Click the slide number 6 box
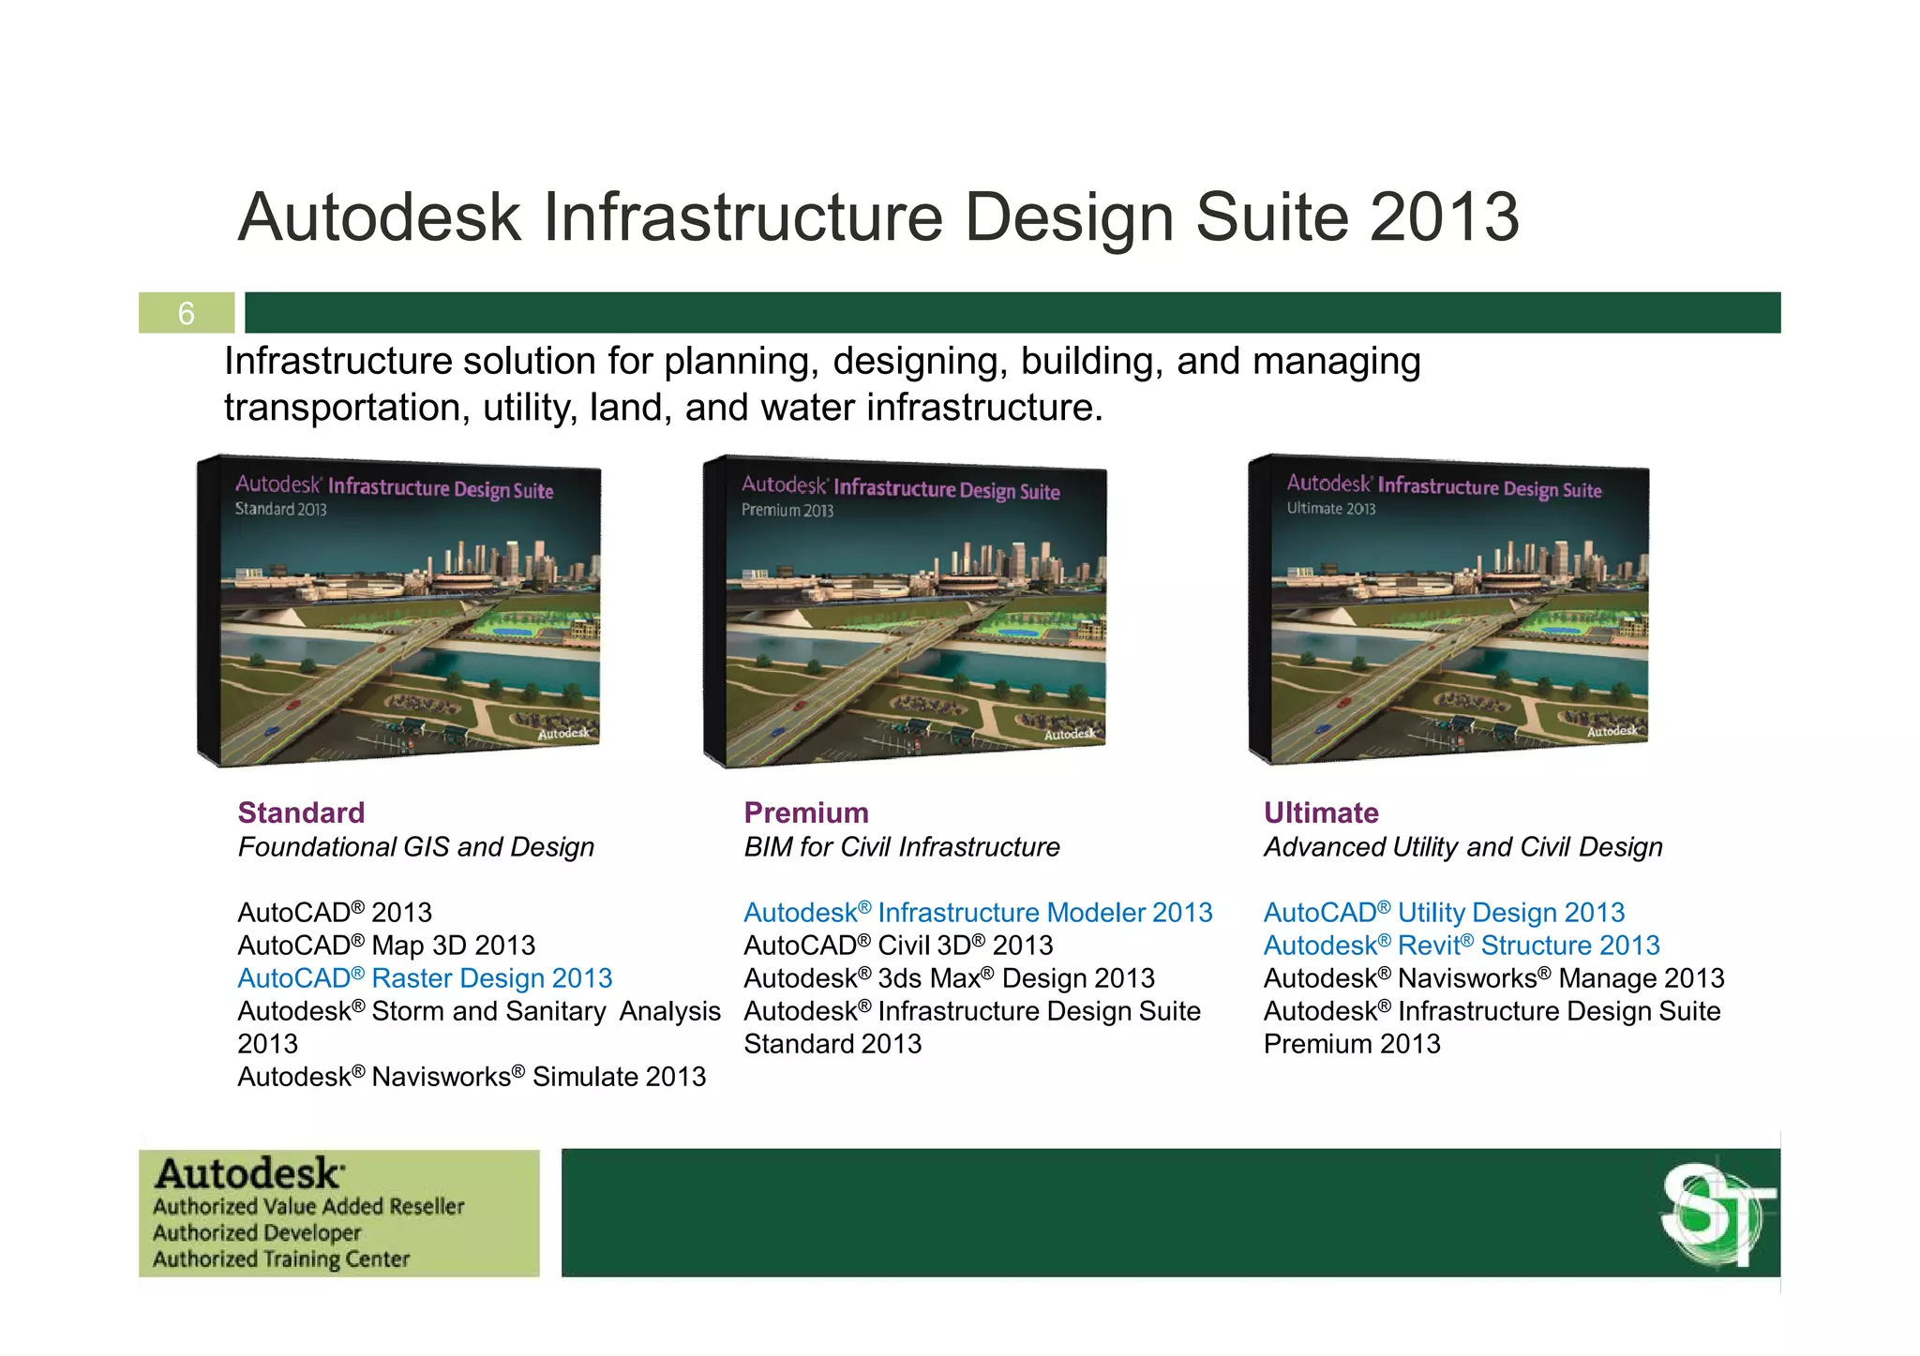coord(187,313)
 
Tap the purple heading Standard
coord(301,812)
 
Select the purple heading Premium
coord(806,812)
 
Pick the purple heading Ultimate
coord(1321,812)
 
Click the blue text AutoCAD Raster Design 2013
coord(425,978)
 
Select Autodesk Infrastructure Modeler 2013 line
coord(978,913)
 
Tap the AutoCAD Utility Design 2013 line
coord(1444,913)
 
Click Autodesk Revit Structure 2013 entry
coord(1462,946)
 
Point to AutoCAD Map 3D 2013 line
coord(386,946)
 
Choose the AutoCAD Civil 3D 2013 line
coord(898,946)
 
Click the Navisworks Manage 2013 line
coord(1493,978)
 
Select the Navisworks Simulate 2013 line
coord(472,1077)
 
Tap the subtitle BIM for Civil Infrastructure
coord(901,847)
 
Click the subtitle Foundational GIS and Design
coord(416,847)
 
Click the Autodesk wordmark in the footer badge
coord(249,1174)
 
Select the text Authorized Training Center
coord(281,1259)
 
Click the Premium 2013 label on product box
coord(787,511)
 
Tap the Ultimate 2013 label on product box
coord(1330,509)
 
